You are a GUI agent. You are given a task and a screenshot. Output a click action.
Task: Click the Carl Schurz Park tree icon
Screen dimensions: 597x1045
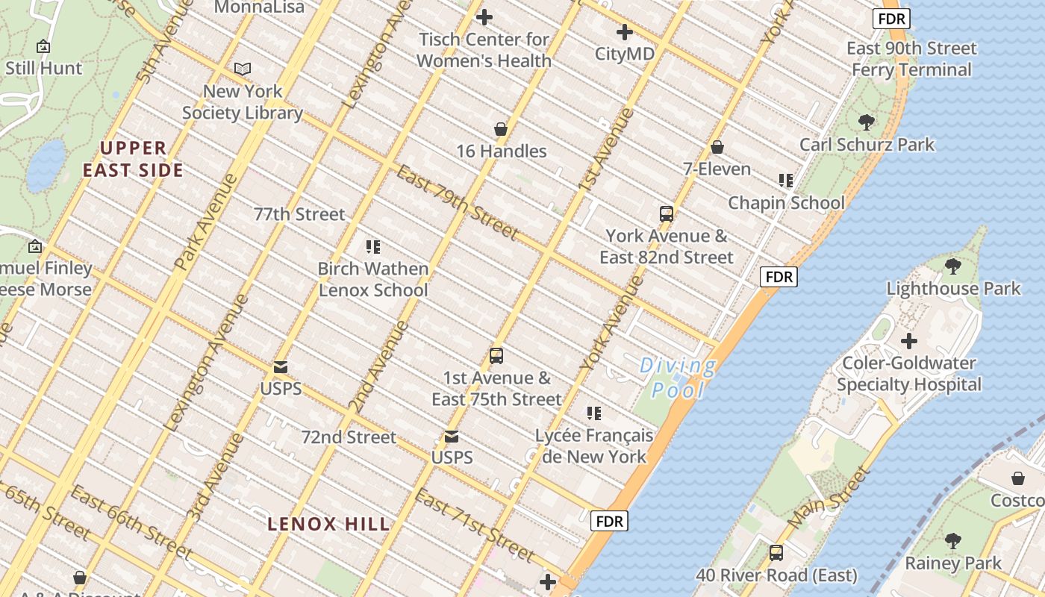click(x=867, y=122)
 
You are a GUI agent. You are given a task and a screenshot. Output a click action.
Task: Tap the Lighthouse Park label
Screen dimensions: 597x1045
click(x=953, y=288)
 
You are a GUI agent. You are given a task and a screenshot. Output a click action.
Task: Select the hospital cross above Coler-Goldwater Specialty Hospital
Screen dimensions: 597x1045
click(x=908, y=341)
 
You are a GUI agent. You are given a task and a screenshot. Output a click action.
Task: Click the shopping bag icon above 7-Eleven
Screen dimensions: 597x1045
click(x=717, y=147)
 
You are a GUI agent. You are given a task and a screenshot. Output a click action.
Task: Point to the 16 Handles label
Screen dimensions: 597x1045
click(x=502, y=151)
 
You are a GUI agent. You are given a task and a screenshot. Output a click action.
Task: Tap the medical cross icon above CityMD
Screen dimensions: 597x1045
click(x=625, y=32)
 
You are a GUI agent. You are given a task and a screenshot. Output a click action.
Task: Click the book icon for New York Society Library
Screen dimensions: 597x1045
click(x=243, y=69)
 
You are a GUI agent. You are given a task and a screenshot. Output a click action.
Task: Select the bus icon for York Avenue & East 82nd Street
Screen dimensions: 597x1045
click(x=667, y=214)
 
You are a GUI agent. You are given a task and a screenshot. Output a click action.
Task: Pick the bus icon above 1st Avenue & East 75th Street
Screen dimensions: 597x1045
click(x=496, y=356)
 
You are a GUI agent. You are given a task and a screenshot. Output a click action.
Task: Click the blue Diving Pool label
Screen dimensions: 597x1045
click(x=678, y=378)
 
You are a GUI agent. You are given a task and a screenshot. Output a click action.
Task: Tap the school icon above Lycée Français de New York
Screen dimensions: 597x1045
click(x=594, y=413)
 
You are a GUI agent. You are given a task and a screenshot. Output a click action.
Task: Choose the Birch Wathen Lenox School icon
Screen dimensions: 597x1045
click(x=373, y=247)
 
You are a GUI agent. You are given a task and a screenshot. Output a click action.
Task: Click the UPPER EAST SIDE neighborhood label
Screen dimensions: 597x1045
click(x=133, y=159)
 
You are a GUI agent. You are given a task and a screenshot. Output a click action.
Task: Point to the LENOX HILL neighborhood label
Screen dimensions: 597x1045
click(x=328, y=524)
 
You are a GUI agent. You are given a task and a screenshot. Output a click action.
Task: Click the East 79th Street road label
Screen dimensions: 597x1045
click(x=457, y=202)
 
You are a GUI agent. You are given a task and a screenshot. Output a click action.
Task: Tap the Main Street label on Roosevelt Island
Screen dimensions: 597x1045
click(x=829, y=498)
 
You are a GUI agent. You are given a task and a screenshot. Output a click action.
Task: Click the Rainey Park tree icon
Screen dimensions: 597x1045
click(x=953, y=541)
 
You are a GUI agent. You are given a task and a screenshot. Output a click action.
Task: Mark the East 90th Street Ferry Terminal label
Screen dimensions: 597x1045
click(x=911, y=59)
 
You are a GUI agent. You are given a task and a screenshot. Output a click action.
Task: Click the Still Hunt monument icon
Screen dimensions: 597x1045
click(x=43, y=46)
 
